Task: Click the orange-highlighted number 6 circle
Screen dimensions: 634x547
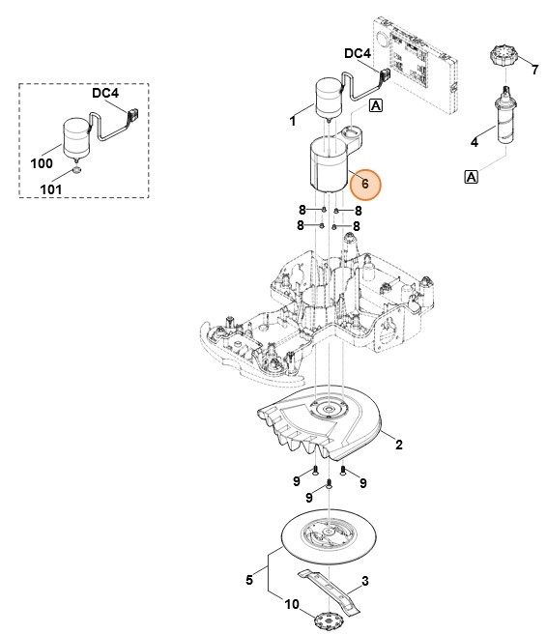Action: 364,183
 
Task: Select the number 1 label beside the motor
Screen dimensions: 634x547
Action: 293,122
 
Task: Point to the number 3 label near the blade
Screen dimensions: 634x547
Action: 366,581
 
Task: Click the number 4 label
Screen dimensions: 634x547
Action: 474,143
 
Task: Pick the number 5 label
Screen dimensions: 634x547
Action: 250,580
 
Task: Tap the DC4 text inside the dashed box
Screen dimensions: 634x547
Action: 106,94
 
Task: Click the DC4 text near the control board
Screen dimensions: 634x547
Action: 358,55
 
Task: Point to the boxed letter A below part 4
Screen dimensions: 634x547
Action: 472,176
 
